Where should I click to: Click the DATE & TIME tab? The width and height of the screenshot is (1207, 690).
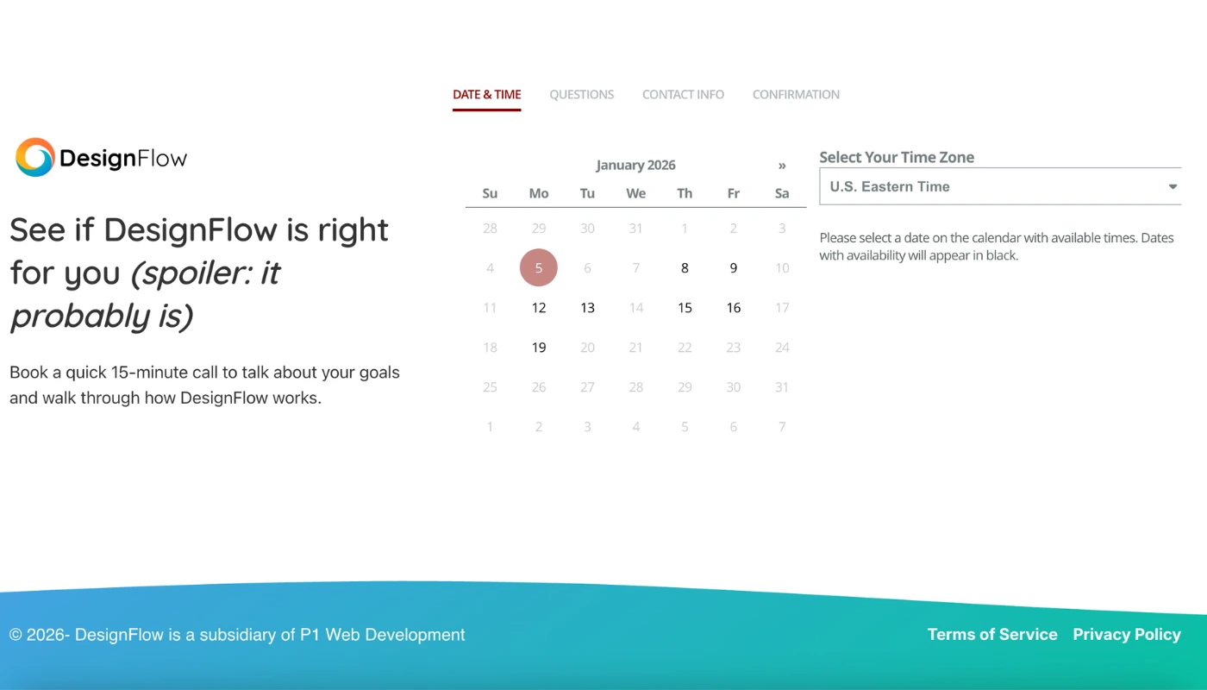[486, 95]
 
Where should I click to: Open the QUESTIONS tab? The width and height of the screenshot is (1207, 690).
[582, 95]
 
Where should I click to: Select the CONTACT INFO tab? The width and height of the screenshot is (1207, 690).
[683, 95]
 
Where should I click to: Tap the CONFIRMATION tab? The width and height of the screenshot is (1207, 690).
[796, 95]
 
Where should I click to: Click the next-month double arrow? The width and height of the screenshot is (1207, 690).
[782, 166]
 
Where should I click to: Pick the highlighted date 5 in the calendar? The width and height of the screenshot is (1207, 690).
[539, 268]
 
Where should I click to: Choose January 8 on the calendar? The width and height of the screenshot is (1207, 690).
[685, 268]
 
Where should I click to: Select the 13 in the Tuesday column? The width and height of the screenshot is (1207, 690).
[587, 308]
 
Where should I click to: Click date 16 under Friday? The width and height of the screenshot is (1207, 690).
[734, 308]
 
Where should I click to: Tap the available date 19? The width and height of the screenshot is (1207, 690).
[539, 348]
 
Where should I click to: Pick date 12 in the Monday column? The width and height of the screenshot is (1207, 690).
[539, 308]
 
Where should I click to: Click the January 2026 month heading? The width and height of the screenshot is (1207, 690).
[635, 166]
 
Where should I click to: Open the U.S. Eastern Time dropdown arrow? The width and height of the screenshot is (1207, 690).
[1173, 187]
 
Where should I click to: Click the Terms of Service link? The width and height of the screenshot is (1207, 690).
[992, 635]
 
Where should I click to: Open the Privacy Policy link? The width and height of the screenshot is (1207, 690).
[1127, 635]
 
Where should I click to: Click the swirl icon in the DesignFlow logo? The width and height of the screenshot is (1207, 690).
[35, 158]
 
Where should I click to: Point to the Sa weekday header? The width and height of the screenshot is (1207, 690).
[782, 193]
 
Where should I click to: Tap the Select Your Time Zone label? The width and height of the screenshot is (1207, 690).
[897, 158]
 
